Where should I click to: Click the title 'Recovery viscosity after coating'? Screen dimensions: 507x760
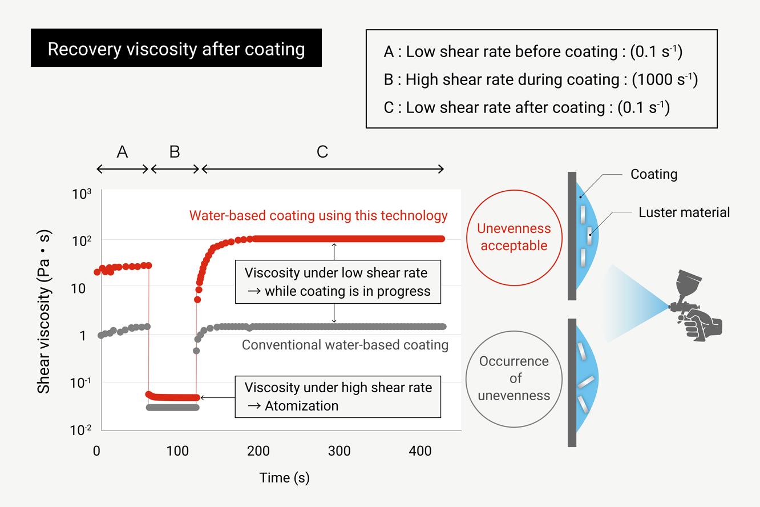(176, 49)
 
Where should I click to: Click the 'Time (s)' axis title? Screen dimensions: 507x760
(284, 477)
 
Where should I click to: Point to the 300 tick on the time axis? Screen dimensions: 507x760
(339, 451)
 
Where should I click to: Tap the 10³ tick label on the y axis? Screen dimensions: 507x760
(82, 194)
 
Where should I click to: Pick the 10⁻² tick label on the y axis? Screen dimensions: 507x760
(82, 430)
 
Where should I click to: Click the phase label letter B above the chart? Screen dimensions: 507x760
(175, 152)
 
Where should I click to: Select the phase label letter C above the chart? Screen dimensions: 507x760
(322, 152)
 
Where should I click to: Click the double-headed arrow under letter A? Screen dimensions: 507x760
(122, 169)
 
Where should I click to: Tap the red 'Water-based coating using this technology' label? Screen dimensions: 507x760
(318, 216)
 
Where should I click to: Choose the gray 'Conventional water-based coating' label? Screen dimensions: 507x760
(345, 345)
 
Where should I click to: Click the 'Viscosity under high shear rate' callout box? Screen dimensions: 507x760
(338, 396)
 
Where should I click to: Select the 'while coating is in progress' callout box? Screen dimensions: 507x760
(338, 282)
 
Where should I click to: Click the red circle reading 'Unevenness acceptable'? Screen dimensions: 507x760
(514, 236)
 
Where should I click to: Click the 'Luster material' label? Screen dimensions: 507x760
(684, 213)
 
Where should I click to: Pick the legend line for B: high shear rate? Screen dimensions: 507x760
(540, 79)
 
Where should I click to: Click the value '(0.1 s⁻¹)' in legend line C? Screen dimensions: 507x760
(644, 107)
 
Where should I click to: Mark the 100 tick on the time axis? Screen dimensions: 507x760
(177, 451)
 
